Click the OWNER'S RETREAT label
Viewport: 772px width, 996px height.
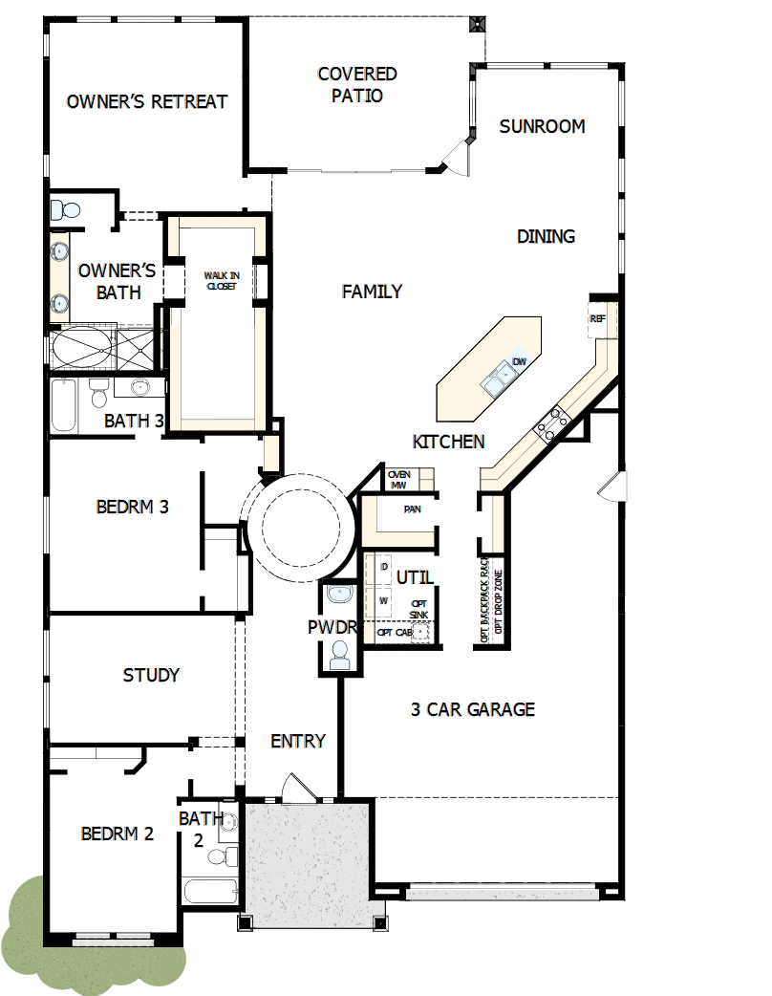147,101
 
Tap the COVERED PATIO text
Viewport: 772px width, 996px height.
357,85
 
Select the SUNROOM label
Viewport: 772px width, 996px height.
542,126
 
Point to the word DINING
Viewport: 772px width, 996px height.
546,236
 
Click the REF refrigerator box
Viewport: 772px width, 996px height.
598,318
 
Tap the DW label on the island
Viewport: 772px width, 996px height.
520,361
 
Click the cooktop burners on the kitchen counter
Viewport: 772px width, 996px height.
553,422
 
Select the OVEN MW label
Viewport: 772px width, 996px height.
398,480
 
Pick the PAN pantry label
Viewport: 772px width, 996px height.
412,509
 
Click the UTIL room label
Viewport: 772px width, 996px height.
415,577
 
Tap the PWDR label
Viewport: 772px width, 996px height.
332,628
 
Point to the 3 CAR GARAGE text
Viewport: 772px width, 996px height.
473,709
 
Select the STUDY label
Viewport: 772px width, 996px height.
151,676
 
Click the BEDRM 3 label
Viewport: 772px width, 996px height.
133,507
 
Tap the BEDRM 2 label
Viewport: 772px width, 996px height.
118,834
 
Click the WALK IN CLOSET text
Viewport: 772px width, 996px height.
221,280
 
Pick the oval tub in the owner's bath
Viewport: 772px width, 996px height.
82,346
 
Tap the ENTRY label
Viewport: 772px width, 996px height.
298,741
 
